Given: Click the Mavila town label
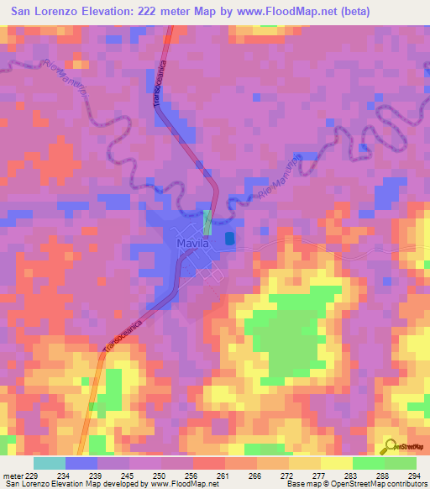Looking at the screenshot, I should pos(191,244).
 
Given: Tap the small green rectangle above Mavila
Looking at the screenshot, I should pos(207,221).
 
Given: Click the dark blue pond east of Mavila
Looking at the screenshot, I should pos(230,239).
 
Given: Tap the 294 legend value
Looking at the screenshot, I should pos(413,476).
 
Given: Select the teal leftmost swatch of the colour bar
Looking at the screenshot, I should pos(49,463).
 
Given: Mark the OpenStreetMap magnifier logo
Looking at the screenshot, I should pos(388,445).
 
